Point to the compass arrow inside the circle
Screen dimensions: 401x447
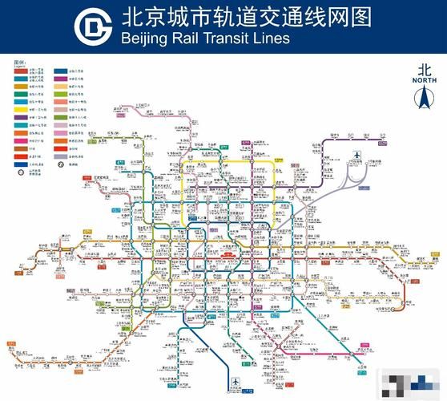tap(422, 99)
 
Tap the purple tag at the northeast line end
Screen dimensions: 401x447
tap(383, 144)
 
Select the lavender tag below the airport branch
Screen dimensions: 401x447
tap(364, 189)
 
